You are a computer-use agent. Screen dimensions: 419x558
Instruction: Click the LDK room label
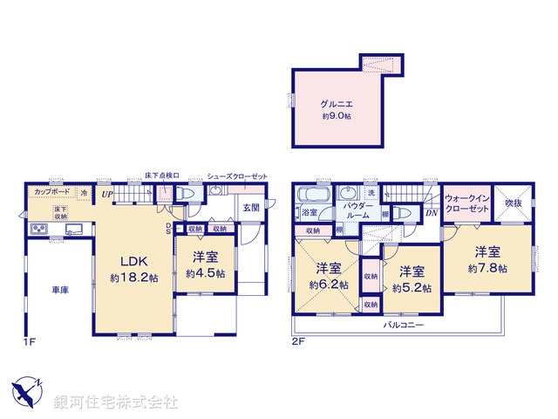click(x=133, y=261)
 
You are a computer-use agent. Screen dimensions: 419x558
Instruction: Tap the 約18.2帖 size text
click(x=133, y=278)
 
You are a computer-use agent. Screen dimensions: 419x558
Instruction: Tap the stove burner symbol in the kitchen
click(x=38, y=230)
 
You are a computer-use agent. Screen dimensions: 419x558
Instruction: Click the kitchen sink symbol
click(x=71, y=230)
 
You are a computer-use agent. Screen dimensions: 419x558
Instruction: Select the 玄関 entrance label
click(x=251, y=207)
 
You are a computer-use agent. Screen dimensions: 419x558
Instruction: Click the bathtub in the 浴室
click(x=310, y=195)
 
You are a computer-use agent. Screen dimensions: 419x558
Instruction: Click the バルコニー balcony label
click(x=402, y=325)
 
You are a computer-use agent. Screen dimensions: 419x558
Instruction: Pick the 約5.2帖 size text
click(x=408, y=286)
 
